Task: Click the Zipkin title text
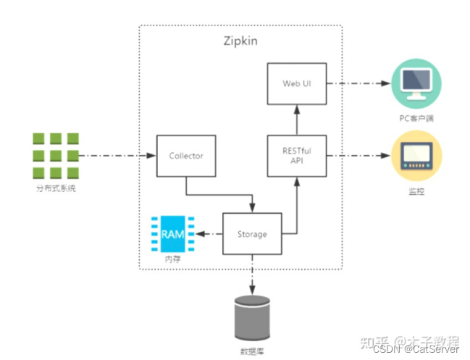[240, 40]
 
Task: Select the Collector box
[185, 155]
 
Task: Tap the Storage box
[252, 233]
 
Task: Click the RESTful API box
[295, 155]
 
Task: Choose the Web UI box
[295, 83]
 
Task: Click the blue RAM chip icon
[172, 233]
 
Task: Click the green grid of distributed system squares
[55, 155]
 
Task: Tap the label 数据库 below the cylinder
[252, 351]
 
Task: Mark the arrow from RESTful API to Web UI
[295, 119]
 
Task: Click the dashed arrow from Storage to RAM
[209, 233]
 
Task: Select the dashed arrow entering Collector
[116, 155]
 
